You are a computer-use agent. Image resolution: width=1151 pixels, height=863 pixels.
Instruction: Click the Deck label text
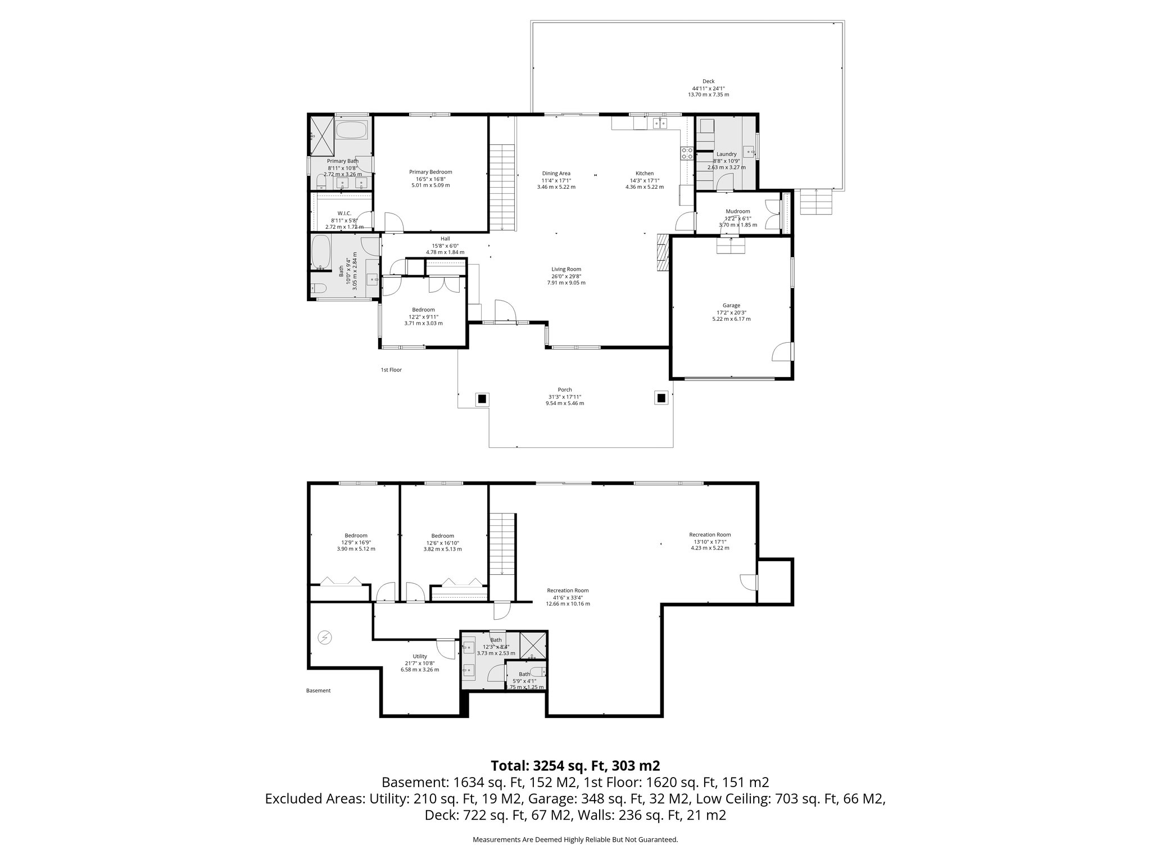(x=708, y=81)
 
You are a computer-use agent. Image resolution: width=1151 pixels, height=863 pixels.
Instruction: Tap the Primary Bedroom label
(x=430, y=172)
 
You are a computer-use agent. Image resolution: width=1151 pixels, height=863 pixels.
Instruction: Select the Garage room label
(x=731, y=306)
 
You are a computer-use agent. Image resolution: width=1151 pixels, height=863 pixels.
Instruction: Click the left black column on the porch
(x=482, y=399)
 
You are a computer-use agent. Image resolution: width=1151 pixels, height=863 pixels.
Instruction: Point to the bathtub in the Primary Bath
(x=351, y=131)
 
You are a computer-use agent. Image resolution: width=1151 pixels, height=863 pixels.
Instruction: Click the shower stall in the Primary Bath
(x=321, y=136)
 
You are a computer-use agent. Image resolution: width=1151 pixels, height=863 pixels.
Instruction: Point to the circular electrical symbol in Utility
(x=324, y=637)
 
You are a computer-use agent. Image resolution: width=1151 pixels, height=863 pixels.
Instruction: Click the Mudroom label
(x=737, y=212)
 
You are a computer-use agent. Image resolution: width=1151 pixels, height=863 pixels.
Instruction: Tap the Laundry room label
(x=726, y=154)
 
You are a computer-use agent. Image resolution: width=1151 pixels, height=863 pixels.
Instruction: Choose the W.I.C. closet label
(x=345, y=214)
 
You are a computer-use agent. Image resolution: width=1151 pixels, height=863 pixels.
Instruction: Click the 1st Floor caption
(x=391, y=370)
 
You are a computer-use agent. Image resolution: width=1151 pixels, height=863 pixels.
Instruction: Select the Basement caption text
(x=318, y=691)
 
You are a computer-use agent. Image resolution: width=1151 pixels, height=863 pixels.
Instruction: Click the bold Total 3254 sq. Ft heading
(x=575, y=766)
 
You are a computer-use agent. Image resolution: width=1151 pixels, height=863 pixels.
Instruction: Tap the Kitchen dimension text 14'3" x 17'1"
(x=644, y=180)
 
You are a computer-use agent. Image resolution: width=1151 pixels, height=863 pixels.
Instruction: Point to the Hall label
(x=445, y=239)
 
